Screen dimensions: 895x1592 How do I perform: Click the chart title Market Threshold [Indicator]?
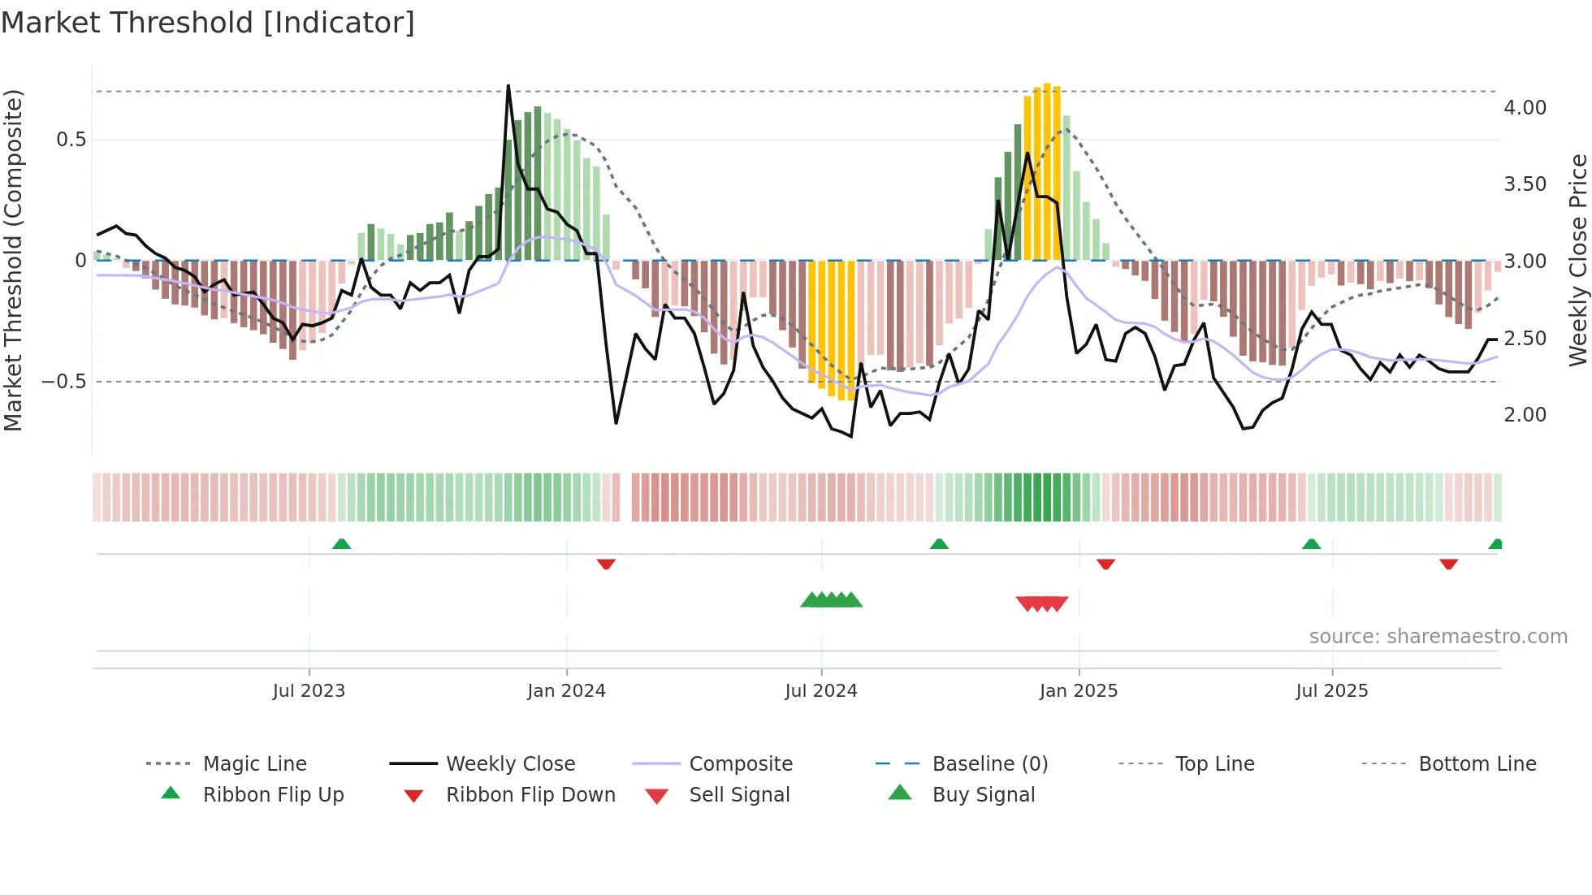click(x=208, y=23)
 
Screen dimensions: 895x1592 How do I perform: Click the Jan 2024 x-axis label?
click(x=566, y=690)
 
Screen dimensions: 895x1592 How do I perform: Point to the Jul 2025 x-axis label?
click(x=1331, y=690)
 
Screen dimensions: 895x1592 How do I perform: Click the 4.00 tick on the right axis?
click(x=1525, y=108)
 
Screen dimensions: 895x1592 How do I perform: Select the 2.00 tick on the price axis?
click(x=1525, y=415)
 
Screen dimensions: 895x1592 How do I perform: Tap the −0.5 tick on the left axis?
click(x=64, y=382)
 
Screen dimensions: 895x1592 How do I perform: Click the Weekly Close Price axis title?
click(x=1577, y=260)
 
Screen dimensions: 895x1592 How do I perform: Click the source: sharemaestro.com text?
click(x=1438, y=637)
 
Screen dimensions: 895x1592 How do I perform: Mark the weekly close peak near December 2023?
click(x=508, y=86)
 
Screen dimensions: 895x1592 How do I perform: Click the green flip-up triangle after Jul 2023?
click(x=341, y=544)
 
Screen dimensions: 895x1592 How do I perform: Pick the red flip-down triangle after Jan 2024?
click(x=606, y=564)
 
